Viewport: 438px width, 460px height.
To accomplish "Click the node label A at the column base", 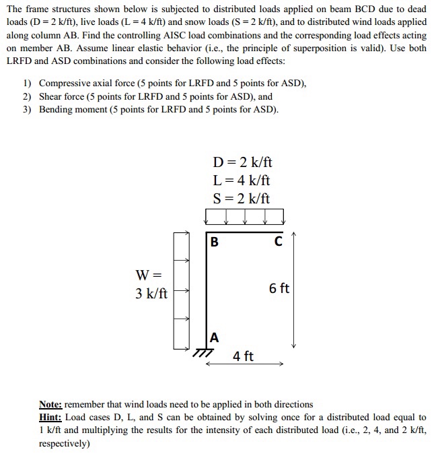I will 214,337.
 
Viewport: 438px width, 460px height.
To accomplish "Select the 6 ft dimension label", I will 279,288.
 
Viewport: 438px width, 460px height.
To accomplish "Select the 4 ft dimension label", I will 244,356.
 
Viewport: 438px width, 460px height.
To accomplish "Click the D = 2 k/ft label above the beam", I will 242,163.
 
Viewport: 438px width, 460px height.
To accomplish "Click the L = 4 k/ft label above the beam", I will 242,180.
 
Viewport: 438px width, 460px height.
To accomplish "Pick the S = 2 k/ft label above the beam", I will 242,198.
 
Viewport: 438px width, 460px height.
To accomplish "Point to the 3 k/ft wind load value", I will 151,294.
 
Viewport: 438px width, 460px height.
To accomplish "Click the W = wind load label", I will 149,275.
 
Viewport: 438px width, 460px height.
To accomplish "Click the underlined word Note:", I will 51,404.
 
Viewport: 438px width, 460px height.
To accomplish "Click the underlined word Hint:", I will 50,418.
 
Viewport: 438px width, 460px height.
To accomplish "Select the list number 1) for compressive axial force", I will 28,84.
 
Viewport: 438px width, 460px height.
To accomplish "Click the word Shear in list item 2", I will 51,97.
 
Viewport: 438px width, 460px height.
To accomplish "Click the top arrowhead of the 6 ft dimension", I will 294,236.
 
